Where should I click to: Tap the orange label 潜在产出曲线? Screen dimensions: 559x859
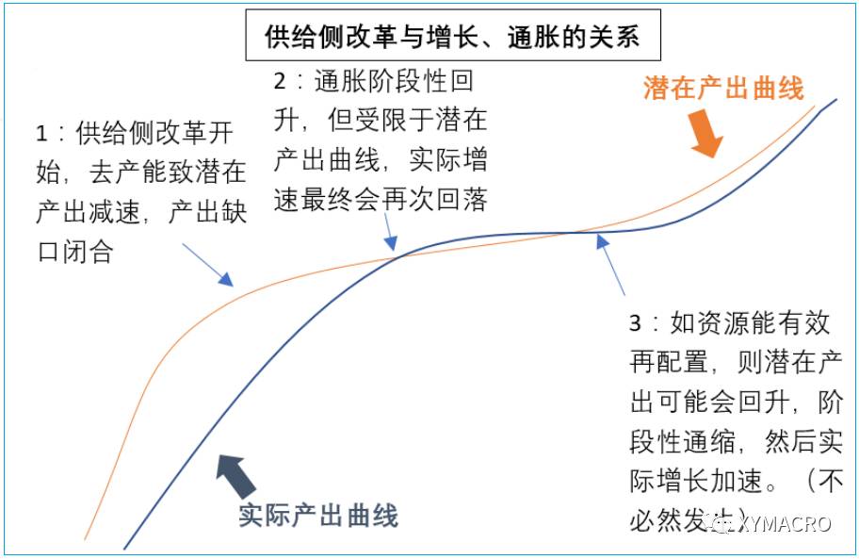click(x=723, y=89)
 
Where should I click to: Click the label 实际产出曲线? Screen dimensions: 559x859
click(x=318, y=516)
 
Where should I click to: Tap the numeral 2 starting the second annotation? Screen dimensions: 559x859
click(x=280, y=81)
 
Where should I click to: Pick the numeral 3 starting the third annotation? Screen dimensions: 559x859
click(x=636, y=323)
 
